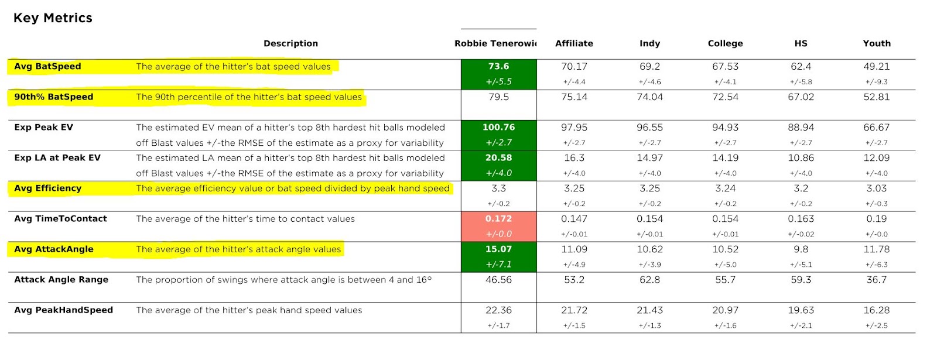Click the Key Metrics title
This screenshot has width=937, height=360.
[53, 18]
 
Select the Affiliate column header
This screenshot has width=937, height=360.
[574, 43]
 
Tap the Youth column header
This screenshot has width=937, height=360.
[876, 43]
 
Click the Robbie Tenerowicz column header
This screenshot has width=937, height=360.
[495, 43]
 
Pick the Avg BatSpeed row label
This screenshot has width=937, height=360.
[47, 67]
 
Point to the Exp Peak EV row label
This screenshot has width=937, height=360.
[43, 128]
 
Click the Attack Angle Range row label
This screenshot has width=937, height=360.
[61, 280]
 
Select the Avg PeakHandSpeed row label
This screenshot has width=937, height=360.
[63, 310]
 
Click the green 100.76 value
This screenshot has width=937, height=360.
[498, 128]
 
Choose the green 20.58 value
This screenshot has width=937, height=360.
[498, 158]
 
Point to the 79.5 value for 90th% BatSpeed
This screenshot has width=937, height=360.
[498, 97]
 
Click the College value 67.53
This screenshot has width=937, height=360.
[725, 67]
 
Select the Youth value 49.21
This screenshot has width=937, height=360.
[876, 67]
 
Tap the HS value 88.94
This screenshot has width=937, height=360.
[801, 128]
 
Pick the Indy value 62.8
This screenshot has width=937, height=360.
[649, 280]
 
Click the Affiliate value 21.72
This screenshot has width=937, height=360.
[574, 310]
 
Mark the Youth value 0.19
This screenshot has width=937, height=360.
[876, 219]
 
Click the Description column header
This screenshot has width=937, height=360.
[290, 43]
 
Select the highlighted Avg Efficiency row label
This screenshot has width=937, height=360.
[47, 188]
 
